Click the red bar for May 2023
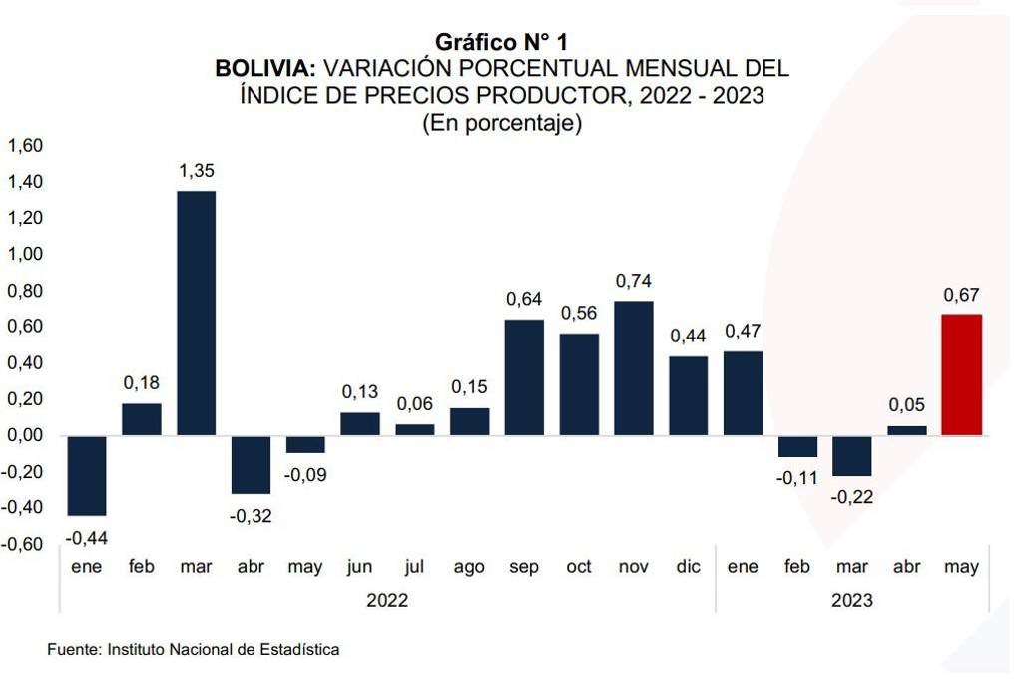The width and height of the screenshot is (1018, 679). pyautogui.click(x=962, y=374)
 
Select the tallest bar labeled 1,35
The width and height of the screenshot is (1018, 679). pyautogui.click(x=196, y=313)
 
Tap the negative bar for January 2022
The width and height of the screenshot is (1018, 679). pyautogui.click(x=87, y=475)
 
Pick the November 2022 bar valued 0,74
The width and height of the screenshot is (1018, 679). pyautogui.click(x=633, y=367)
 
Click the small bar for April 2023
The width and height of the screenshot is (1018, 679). pyautogui.click(x=907, y=430)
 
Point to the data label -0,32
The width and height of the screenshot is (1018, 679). pyautogui.click(x=251, y=516)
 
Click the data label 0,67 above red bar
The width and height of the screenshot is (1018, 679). pyautogui.click(x=962, y=295)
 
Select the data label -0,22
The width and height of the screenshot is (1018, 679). pyautogui.click(x=852, y=497)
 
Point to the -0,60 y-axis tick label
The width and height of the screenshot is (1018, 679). pyautogui.click(x=23, y=544)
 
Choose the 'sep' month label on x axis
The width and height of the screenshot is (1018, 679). pyautogui.click(x=524, y=567)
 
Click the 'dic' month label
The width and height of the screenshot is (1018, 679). pyautogui.click(x=688, y=567)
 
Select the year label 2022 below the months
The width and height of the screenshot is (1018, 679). pyautogui.click(x=387, y=601)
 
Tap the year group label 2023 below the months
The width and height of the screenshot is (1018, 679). pyautogui.click(x=851, y=601)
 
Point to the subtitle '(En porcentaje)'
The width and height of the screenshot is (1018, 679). pyautogui.click(x=502, y=123)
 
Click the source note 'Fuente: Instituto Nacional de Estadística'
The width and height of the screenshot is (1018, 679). pyautogui.click(x=194, y=650)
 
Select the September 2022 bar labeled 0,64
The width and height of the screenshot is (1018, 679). pyautogui.click(x=524, y=376)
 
